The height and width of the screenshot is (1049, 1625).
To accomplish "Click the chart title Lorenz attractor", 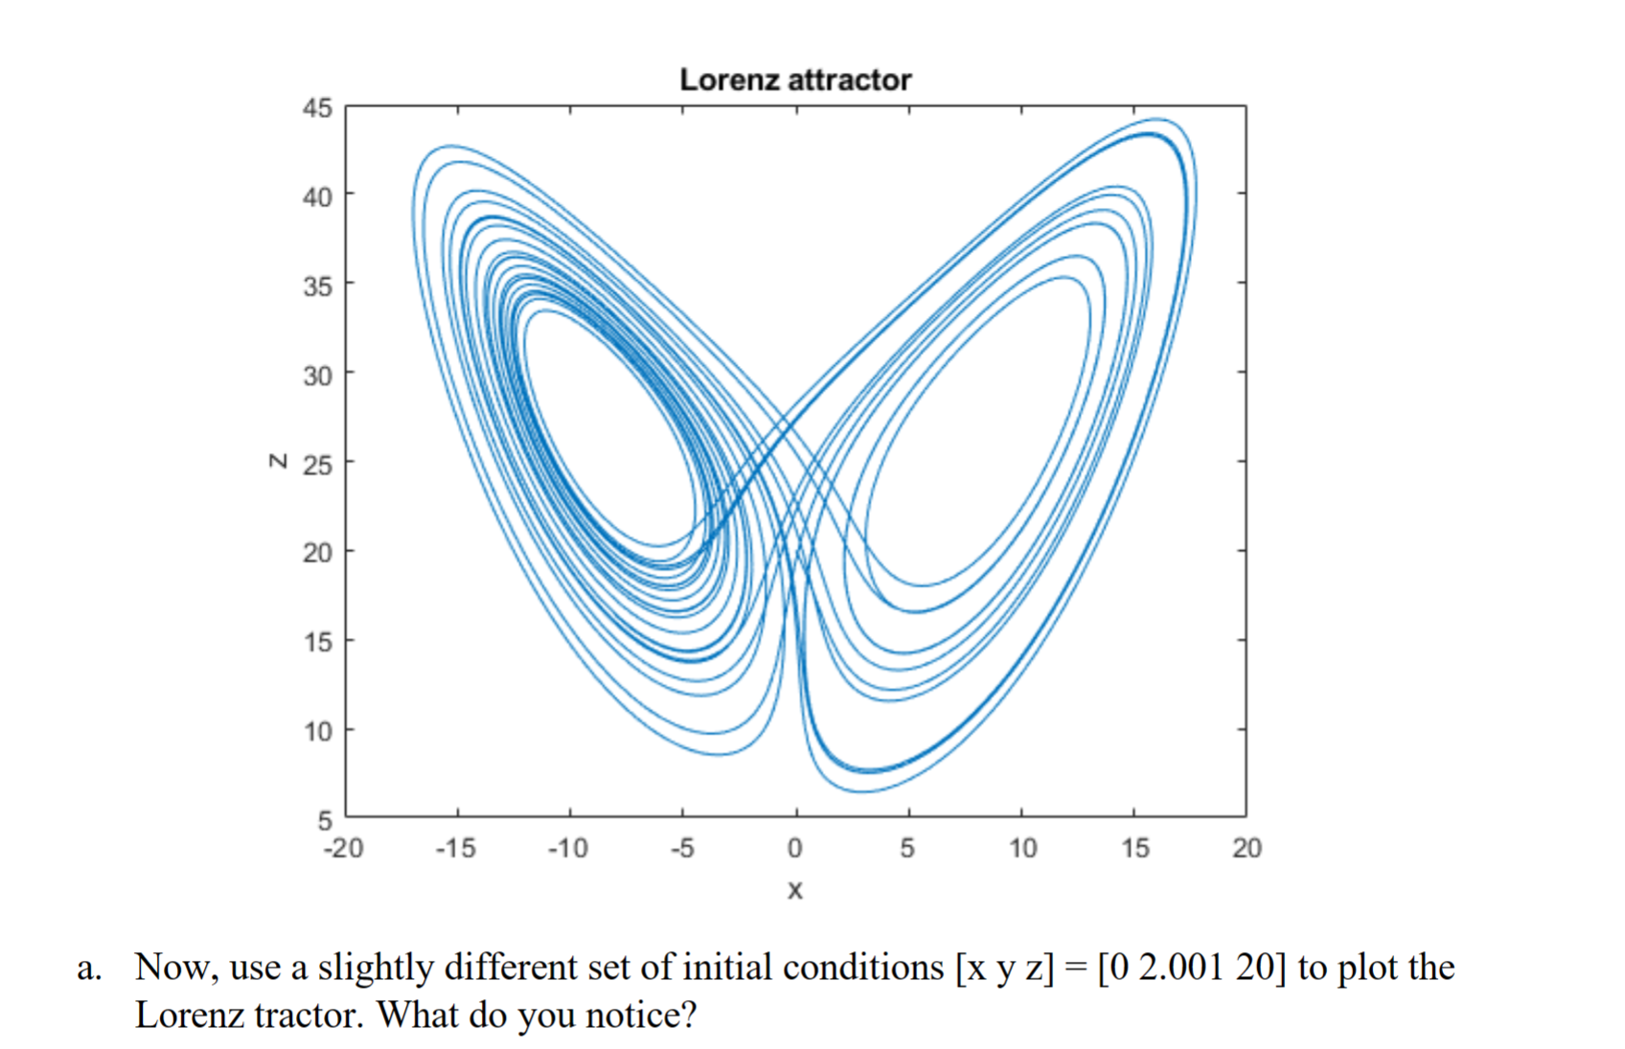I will click(x=795, y=80).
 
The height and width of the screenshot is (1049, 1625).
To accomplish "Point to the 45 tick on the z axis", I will click(x=318, y=108).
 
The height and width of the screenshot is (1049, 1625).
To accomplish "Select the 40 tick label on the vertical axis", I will click(x=318, y=197).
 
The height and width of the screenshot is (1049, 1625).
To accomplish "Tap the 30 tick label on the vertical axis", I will click(x=318, y=376).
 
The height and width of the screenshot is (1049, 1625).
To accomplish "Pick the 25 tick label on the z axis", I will click(x=318, y=466).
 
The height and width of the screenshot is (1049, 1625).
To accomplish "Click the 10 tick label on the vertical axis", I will click(x=318, y=732).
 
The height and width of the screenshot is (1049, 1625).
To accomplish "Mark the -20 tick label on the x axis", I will click(x=344, y=848).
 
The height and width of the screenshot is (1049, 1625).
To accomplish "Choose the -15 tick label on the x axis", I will click(x=455, y=848).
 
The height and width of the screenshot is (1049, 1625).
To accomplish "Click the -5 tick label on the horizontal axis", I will click(x=681, y=848).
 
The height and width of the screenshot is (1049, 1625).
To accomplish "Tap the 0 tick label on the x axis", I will click(x=795, y=848).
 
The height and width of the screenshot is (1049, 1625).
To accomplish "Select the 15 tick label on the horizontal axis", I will click(x=1135, y=848).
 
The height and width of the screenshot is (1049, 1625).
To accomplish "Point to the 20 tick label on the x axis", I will click(x=1247, y=848).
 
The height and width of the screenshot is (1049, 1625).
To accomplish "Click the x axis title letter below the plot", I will click(x=794, y=891).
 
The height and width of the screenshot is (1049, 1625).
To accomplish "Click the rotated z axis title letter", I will click(x=278, y=461).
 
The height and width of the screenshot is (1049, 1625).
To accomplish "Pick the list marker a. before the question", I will click(x=89, y=968).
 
